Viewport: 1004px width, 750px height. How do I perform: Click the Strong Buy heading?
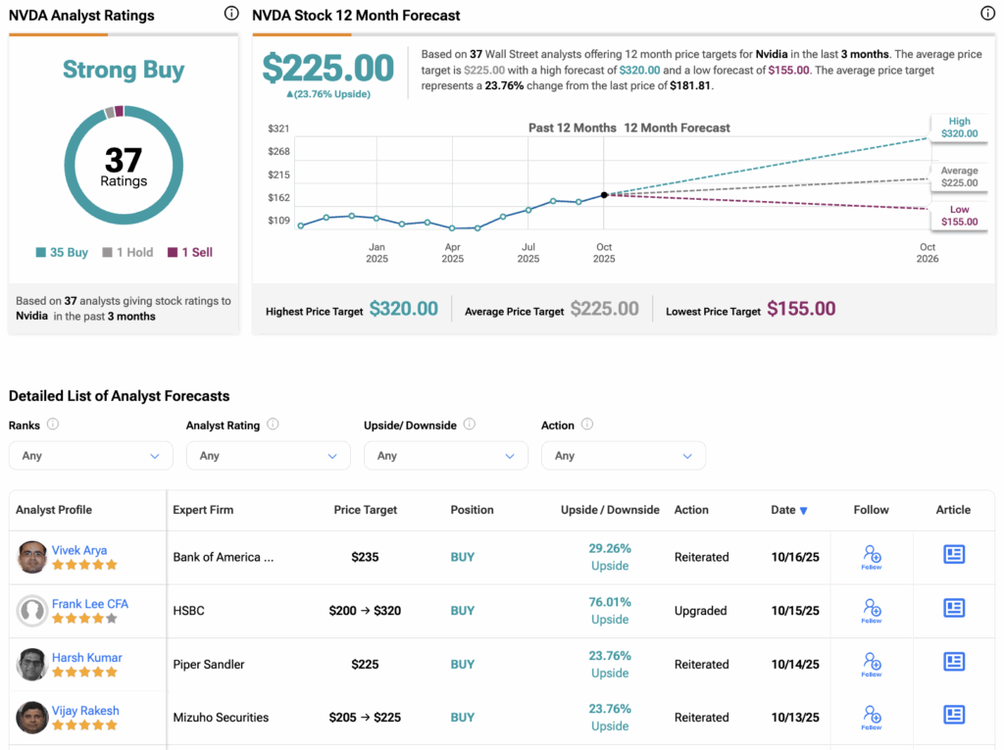click(124, 70)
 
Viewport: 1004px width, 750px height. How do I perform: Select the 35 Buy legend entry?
click(62, 252)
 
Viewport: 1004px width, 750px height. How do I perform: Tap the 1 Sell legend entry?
click(190, 252)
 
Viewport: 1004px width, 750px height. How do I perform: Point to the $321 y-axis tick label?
click(278, 128)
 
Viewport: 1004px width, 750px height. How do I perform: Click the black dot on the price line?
click(604, 195)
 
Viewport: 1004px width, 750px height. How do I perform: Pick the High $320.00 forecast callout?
click(959, 127)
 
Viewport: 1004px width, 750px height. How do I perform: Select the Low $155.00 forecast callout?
click(959, 216)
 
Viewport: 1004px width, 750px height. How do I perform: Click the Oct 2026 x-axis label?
click(927, 253)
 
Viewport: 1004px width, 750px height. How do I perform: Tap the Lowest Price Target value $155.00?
click(801, 310)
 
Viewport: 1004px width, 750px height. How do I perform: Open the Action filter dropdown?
click(623, 456)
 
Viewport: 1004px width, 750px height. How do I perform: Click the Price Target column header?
click(366, 510)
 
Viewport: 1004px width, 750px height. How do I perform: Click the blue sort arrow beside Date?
click(804, 511)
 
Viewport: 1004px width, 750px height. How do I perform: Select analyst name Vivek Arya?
click(79, 550)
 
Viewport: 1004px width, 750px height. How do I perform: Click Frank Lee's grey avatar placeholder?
click(32, 611)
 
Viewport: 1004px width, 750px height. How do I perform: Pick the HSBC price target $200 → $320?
click(365, 611)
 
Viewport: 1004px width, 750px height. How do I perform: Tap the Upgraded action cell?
click(701, 611)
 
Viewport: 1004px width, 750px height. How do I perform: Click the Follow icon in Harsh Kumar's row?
click(872, 664)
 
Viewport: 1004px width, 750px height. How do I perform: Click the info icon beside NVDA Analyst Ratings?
click(231, 14)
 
